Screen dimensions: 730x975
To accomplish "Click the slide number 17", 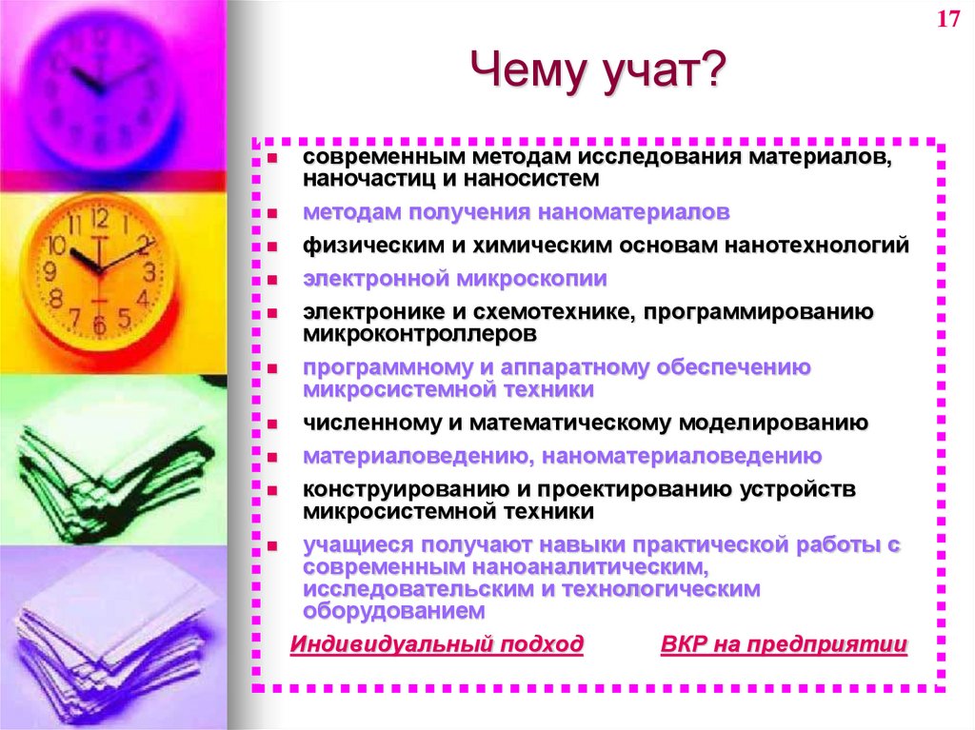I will tap(947, 22).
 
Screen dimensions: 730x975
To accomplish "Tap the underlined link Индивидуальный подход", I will tap(437, 644).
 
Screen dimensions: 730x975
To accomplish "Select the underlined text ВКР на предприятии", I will tap(784, 644).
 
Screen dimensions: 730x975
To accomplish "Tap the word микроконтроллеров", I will tap(420, 334).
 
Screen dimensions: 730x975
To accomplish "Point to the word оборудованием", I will tap(395, 611).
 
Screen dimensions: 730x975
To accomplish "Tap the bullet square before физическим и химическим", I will tap(271, 247).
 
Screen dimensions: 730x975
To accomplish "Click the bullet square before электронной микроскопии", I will tap(271, 280).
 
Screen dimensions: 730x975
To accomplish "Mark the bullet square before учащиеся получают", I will tap(271, 546).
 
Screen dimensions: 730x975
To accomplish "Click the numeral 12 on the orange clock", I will tap(99, 218).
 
